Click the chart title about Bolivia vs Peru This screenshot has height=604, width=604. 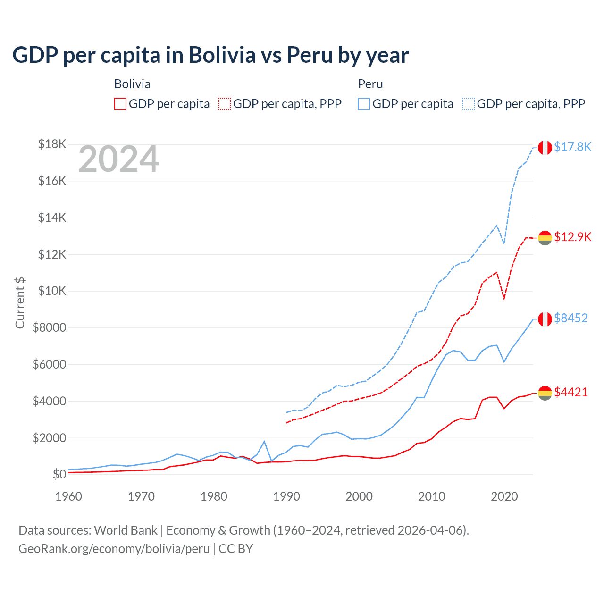210,55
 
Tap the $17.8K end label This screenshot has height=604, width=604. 572,147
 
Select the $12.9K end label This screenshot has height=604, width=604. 572,237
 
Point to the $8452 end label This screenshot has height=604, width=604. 570,318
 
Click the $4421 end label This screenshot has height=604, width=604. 570,392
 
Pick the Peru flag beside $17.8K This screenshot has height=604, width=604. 545,148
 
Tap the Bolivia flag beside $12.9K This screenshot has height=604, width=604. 545,238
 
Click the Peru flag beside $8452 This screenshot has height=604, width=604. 545,319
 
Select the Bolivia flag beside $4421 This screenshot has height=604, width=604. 545,393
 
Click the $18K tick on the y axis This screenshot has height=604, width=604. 52,144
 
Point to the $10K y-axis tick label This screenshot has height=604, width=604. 52,291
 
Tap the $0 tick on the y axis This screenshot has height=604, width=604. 59,474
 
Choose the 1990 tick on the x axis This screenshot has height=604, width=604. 286,496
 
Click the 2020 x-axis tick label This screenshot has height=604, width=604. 504,496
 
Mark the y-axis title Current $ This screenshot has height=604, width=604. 20,303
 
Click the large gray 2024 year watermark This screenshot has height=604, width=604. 118,159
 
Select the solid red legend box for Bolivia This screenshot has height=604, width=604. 120,104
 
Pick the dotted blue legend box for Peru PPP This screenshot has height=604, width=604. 469,104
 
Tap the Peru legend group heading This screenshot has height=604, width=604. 370,84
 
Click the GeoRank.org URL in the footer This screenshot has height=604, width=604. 114,549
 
